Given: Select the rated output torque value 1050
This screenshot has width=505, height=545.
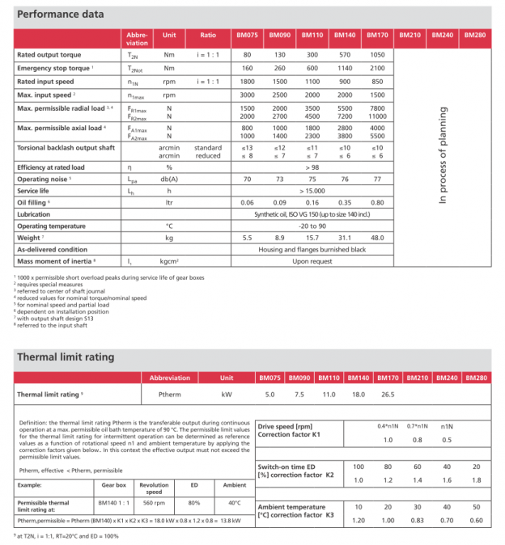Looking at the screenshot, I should pos(377,54).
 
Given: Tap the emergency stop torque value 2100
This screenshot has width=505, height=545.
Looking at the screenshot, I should pos(377,68).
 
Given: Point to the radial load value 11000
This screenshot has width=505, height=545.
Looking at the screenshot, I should pos(377,116).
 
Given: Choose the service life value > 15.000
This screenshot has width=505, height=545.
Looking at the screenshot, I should pos(312,190).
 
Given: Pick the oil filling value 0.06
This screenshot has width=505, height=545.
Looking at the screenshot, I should pos(248,202).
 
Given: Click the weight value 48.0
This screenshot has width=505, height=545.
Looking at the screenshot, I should pos(377,239).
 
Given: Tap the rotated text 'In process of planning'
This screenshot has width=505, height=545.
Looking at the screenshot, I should pos(443,154).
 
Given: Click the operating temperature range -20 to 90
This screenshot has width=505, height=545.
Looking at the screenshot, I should pos(312,226).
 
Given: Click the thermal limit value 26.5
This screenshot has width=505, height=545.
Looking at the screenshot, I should pos(387,395).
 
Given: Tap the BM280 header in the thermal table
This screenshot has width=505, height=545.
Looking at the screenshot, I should pos(477,378).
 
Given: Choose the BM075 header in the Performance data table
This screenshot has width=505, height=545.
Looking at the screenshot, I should pos(248,36).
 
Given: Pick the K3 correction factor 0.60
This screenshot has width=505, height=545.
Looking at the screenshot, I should pos(476,520).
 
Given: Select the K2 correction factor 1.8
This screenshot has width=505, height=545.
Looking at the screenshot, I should pos(476,480).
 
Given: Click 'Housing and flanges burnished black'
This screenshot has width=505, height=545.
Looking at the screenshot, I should pos(312,251).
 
